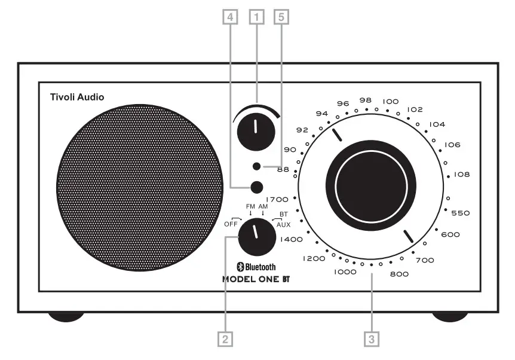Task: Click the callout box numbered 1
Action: point(257,17)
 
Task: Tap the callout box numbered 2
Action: point(225,339)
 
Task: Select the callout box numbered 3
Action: point(372,339)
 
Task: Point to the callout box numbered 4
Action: point(228,17)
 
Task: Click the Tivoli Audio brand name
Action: point(77,96)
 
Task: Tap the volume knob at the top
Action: point(255,129)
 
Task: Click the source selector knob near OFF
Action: point(255,236)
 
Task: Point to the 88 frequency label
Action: point(283,169)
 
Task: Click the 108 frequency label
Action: point(462,175)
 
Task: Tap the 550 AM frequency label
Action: point(461,213)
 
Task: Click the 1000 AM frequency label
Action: point(345,271)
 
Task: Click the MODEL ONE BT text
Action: point(259,279)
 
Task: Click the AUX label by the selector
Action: point(283,224)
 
